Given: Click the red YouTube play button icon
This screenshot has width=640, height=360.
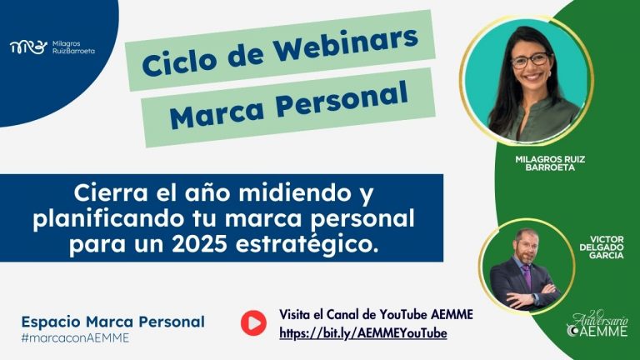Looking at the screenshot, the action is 253,322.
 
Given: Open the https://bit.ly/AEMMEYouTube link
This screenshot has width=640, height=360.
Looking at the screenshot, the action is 363,333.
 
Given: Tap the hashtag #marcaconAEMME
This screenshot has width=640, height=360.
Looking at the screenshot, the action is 75,338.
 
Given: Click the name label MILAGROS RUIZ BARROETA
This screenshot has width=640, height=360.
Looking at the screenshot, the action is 550,163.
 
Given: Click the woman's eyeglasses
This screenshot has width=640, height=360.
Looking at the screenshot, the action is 531,60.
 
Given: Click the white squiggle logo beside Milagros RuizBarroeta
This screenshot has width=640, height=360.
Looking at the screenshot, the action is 28,47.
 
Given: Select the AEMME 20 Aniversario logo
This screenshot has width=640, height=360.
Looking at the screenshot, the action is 597,324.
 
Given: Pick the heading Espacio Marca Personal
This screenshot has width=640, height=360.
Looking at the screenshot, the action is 113,322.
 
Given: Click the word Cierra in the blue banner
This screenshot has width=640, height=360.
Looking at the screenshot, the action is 110,193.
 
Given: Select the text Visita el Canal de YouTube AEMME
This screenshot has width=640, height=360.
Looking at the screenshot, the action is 376,314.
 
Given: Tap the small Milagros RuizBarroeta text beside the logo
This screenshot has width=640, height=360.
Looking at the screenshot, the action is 73,47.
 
